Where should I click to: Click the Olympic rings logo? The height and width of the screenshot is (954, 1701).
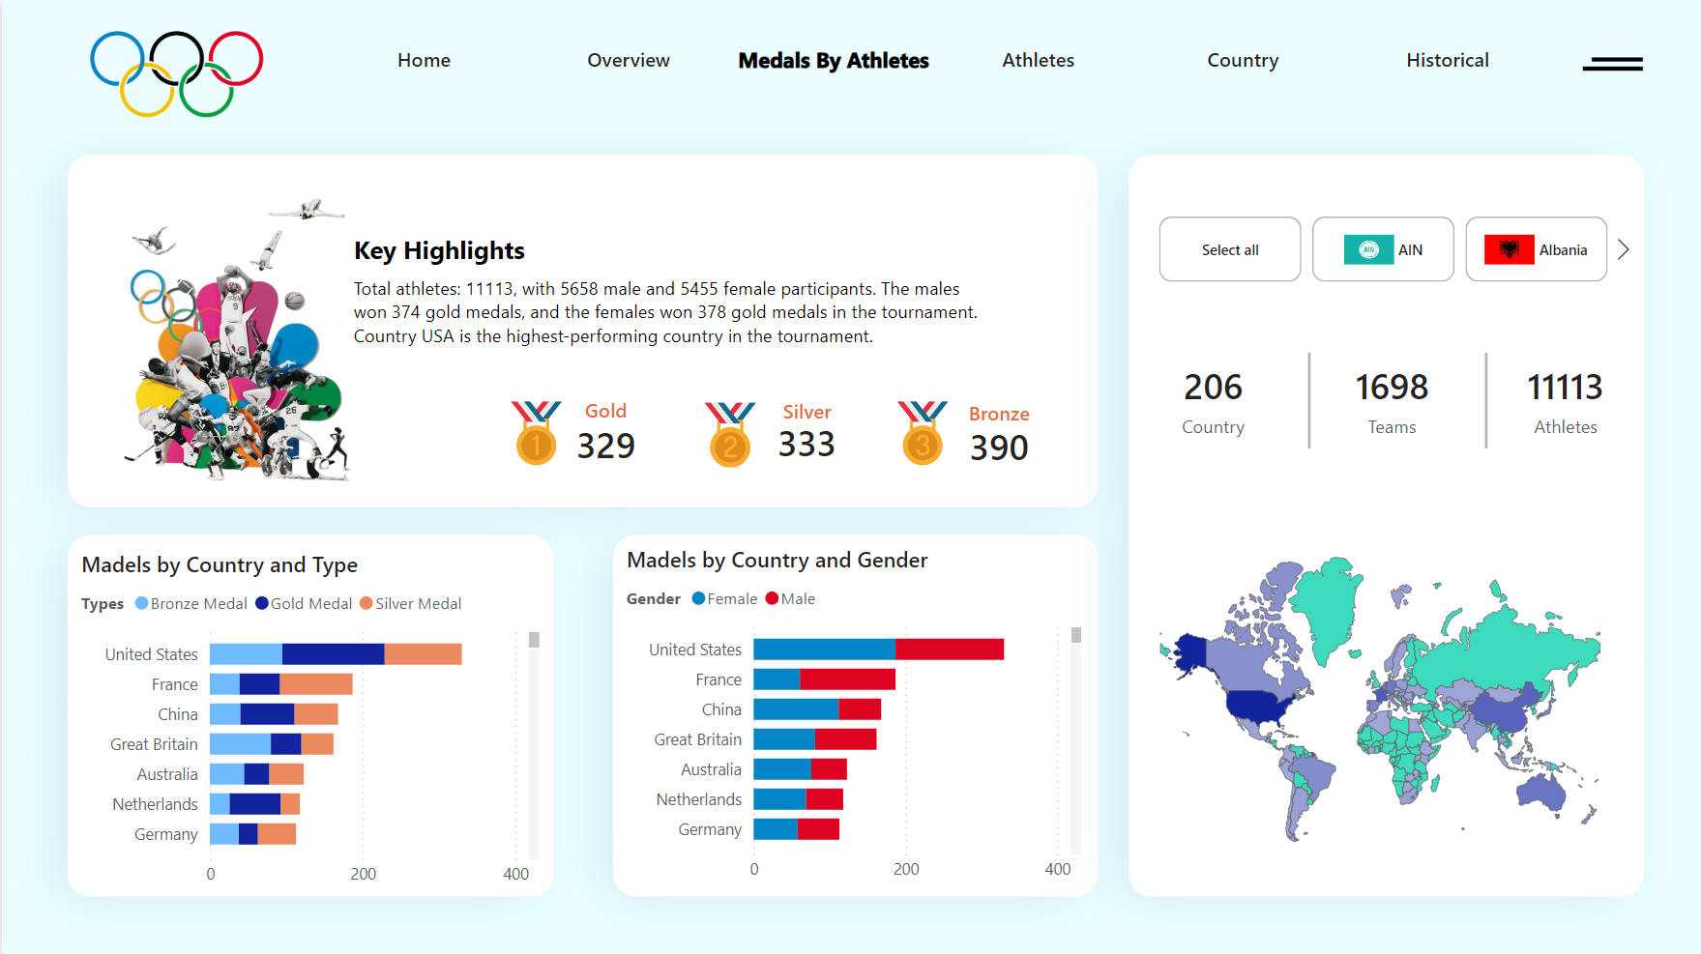176,73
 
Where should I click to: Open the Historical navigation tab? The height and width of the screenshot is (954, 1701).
1447,60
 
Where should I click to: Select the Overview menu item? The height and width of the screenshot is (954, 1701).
628,60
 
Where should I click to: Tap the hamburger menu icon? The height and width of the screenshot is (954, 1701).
1612,64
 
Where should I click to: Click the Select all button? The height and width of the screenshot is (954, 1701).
1229,249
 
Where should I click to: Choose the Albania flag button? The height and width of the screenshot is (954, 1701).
1536,249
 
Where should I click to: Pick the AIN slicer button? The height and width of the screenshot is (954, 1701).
1383,249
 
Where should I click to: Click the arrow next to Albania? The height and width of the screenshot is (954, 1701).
1624,249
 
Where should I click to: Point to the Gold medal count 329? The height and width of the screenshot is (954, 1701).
605,446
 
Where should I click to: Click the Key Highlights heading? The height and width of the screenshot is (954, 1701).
439,250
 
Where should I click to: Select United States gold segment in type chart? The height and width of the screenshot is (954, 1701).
333,654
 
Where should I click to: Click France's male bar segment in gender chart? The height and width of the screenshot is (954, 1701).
847,679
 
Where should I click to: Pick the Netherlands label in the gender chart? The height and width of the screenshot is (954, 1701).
698,799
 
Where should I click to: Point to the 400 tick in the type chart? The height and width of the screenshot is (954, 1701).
515,874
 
